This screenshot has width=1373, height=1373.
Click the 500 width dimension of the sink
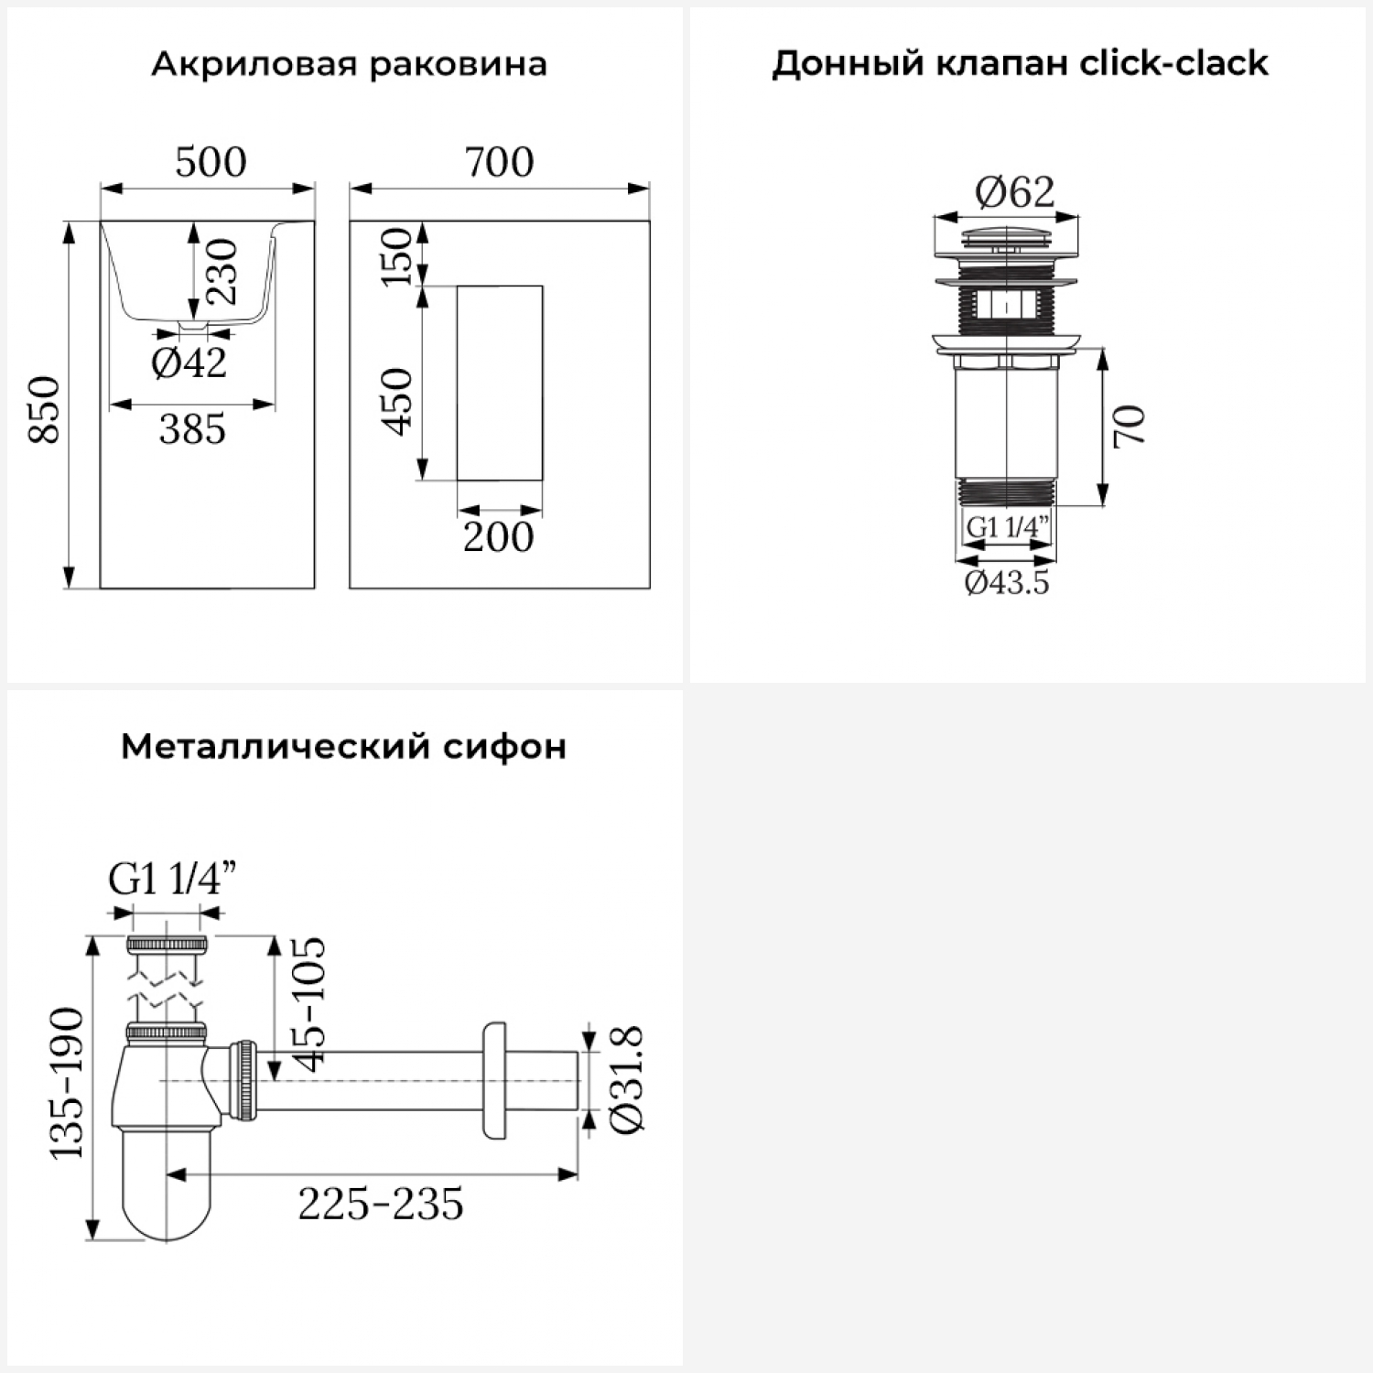click(211, 163)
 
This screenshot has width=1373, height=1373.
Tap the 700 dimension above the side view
click(499, 163)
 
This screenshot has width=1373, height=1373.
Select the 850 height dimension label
click(45, 408)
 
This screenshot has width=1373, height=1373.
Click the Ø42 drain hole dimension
click(189, 363)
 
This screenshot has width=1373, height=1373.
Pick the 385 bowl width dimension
click(192, 428)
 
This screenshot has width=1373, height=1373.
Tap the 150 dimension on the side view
click(396, 257)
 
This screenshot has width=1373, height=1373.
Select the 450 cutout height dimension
click(396, 401)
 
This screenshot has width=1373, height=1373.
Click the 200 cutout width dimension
click(498, 536)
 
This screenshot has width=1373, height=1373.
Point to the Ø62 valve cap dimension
click(1015, 191)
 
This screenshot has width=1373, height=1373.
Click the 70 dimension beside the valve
click(1130, 426)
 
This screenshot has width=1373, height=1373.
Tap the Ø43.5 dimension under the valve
click(1007, 582)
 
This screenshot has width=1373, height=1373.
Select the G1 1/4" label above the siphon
click(172, 880)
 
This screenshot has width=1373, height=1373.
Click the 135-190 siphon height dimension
click(67, 1084)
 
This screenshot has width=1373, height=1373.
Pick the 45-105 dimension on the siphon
click(309, 1003)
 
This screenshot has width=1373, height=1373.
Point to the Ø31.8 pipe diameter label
click(628, 1081)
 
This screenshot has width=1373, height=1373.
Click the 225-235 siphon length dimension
click(381, 1204)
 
